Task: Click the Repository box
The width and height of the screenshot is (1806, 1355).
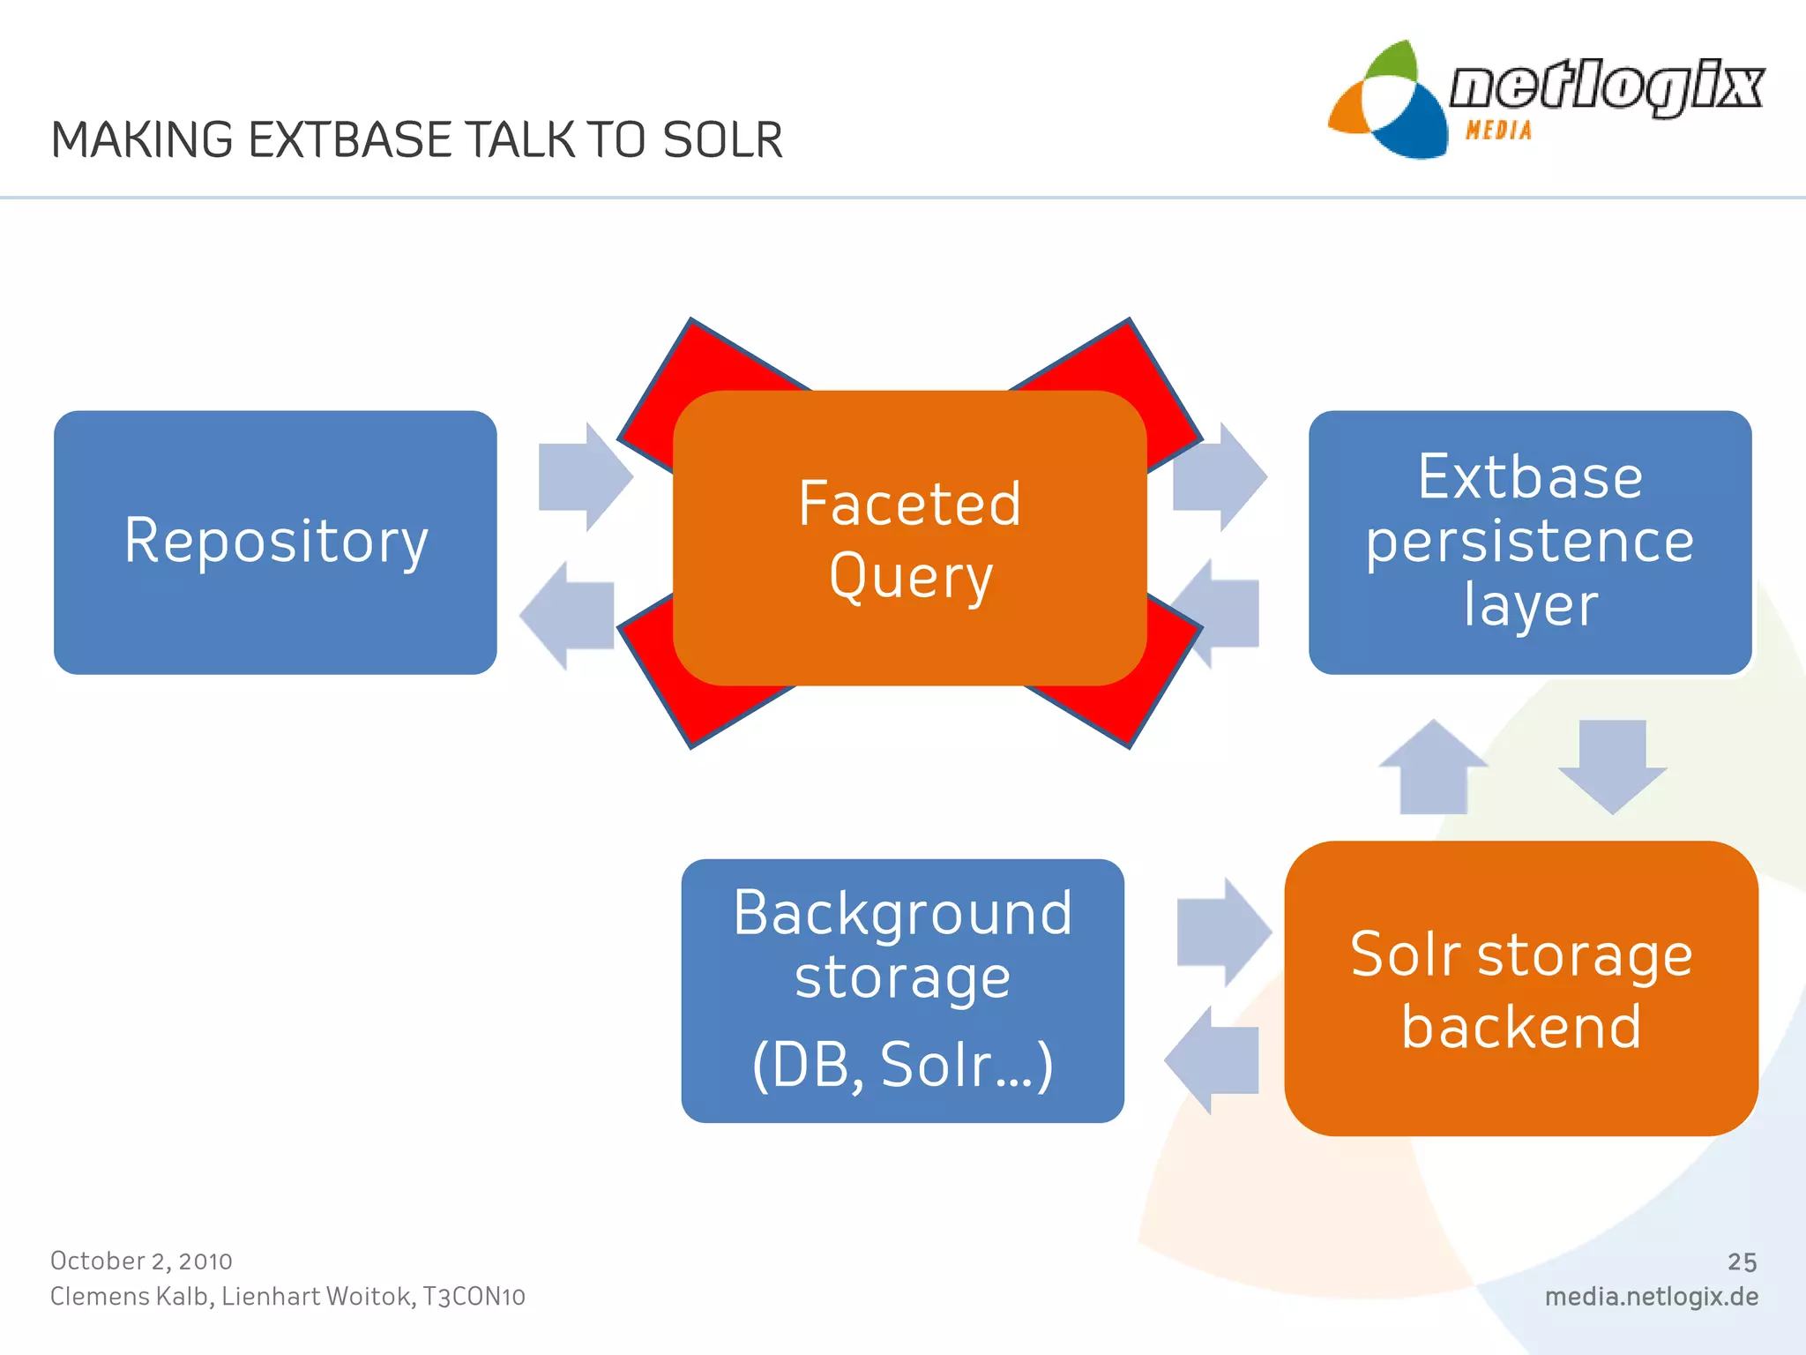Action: [x=275, y=542]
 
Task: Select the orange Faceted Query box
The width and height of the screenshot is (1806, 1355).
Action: [x=909, y=538]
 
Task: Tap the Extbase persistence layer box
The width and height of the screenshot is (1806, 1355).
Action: [x=1529, y=542]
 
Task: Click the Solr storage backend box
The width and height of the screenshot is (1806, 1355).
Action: [x=1520, y=988]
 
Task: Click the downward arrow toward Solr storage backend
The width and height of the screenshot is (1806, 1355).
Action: [x=1612, y=764]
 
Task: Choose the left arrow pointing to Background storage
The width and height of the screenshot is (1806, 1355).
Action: [x=1213, y=1059]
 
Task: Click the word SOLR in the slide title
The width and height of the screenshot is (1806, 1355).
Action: [x=722, y=140]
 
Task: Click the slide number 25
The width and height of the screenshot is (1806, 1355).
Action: [x=1742, y=1261]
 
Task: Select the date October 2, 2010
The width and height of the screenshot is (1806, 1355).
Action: [x=141, y=1261]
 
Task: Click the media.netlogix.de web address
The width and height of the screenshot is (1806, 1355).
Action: [x=1651, y=1297]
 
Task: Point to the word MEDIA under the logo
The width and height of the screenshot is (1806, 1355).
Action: [x=1498, y=131]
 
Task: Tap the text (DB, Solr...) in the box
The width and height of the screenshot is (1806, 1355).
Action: [x=902, y=1065]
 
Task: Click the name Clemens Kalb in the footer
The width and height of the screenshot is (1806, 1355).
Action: [x=130, y=1297]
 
